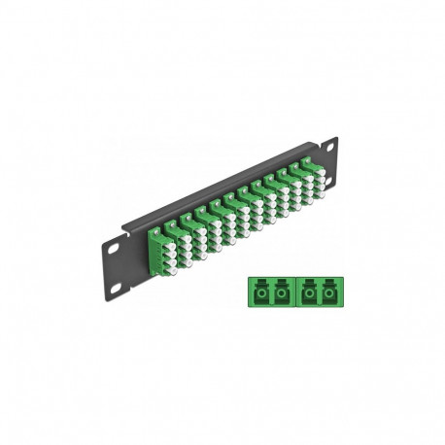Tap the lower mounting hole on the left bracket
click(x=120, y=289)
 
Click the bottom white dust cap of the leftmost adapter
click(x=167, y=268)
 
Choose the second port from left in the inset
click(x=280, y=290)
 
